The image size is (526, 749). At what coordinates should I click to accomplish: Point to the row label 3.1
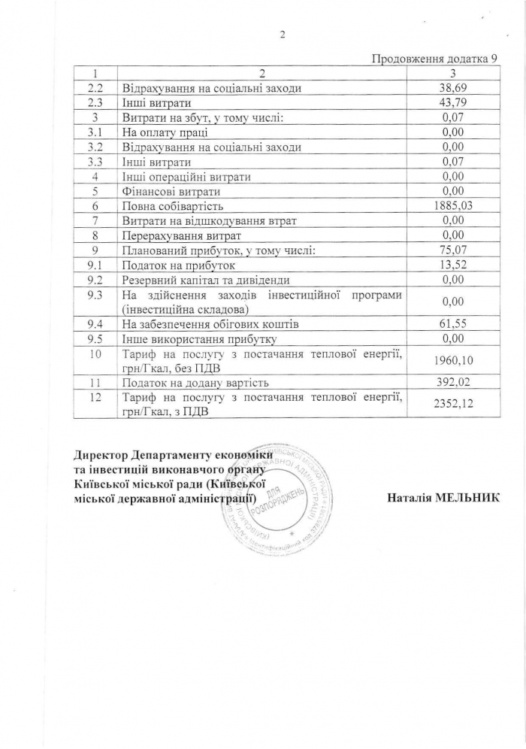pyautogui.click(x=95, y=132)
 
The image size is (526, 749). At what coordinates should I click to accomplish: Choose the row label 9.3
pyautogui.click(x=95, y=294)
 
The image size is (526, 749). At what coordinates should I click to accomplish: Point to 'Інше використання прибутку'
pyautogui.click(x=195, y=338)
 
